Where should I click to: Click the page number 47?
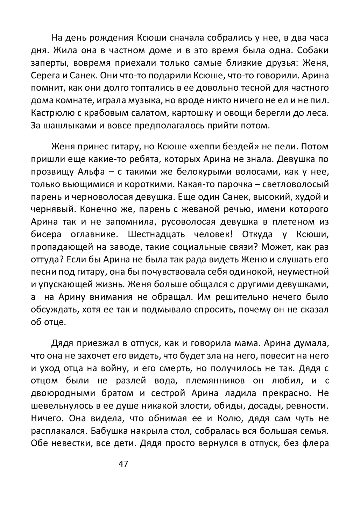(123, 464)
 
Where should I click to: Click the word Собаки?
(313, 51)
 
